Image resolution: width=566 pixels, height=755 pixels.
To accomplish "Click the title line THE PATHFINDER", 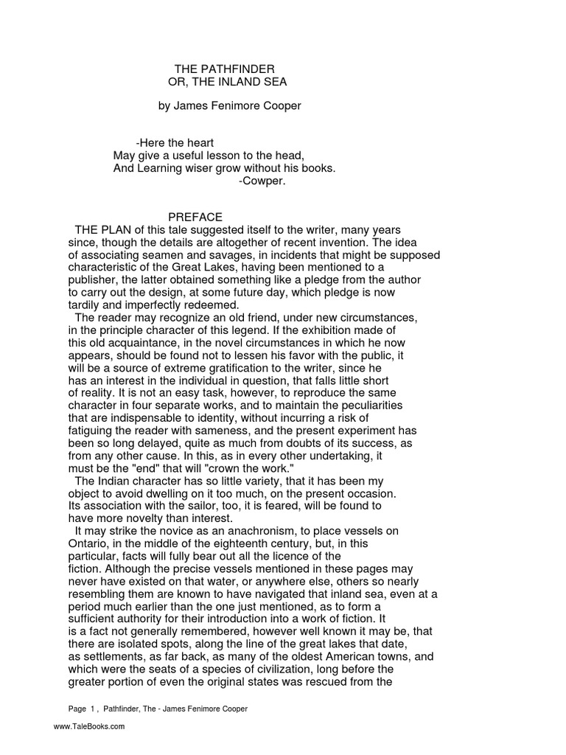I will (224, 69).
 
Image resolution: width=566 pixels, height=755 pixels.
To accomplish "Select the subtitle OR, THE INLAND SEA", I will (227, 81).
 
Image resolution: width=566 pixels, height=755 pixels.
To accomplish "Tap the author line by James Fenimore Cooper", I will (230, 105).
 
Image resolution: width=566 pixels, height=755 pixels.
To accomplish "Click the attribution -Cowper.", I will (262, 181).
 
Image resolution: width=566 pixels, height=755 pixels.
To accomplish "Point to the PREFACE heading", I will (195, 218).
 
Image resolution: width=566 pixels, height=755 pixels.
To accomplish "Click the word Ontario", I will (88, 543).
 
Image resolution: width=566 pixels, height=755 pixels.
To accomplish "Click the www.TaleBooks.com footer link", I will (89, 727).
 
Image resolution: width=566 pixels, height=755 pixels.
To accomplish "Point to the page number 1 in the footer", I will (93, 709).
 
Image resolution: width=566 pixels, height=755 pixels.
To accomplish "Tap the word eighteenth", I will (234, 543).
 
